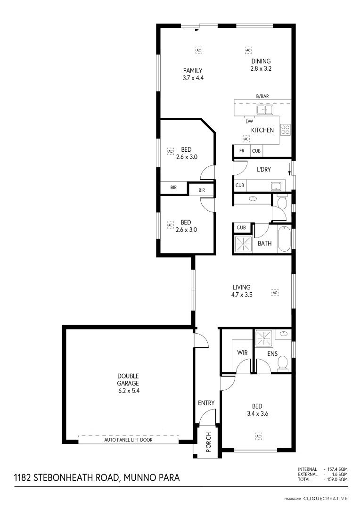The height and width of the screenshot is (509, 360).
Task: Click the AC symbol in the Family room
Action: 198,49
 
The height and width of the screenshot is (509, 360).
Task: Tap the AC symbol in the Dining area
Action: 248,49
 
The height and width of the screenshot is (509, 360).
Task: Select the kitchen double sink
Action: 264,110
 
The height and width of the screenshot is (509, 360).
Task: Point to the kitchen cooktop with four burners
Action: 286,129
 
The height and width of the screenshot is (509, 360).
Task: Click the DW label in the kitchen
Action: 249,121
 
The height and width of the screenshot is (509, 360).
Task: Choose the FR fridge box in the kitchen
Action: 242,151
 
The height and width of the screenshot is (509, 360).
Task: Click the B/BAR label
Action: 262,96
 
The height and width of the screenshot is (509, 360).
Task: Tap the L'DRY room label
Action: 263,168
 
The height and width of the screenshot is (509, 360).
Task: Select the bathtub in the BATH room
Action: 285,239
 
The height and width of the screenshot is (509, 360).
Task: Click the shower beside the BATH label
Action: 244,244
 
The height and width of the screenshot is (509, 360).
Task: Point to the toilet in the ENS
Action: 283,363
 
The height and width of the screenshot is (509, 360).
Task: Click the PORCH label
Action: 208,443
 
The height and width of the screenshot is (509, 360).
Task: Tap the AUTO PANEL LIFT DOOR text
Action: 128,439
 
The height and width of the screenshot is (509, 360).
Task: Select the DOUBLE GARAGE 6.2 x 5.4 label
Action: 128,383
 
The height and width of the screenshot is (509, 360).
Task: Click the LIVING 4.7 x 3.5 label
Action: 241,291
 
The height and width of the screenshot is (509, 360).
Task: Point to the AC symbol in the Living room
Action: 275,293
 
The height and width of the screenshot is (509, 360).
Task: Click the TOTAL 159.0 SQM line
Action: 322,479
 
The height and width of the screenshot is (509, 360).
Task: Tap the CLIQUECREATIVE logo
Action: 325,498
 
